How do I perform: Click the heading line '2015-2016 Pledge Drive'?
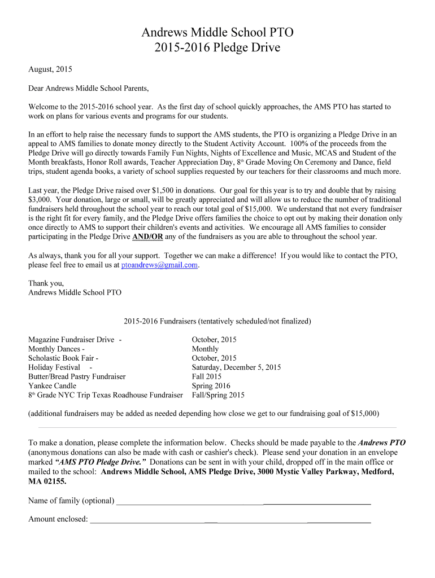[x=217, y=48]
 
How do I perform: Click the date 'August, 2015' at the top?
[x=50, y=70]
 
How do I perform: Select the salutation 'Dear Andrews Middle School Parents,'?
[x=89, y=89]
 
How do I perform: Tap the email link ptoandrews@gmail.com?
[x=159, y=265]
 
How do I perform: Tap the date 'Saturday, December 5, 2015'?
[x=236, y=367]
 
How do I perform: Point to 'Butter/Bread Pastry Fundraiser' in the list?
[x=77, y=376]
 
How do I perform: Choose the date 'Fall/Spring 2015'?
[x=218, y=395]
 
